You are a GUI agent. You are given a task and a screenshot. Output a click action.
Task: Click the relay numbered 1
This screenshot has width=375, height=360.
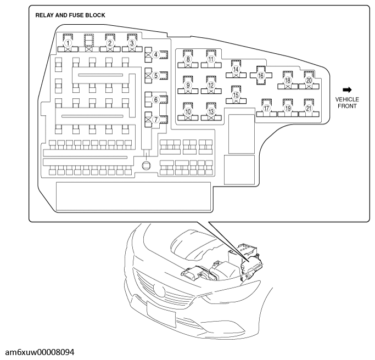[68, 43]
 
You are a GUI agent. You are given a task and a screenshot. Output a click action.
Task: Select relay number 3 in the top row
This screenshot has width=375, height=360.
[131, 43]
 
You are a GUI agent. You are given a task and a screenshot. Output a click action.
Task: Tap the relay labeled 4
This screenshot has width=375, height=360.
[156, 54]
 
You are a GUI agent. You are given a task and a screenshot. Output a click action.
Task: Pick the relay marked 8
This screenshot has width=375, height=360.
[188, 59]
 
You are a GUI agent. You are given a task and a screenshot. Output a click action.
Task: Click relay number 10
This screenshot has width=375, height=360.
[188, 111]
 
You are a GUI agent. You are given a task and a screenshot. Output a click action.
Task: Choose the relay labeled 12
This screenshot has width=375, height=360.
[211, 86]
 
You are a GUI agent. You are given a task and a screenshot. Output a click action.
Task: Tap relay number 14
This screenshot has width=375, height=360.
[236, 70]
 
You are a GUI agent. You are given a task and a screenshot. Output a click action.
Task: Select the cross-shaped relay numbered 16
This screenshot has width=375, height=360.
[261, 75]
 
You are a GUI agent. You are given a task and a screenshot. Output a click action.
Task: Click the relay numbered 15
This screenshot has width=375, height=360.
[236, 95]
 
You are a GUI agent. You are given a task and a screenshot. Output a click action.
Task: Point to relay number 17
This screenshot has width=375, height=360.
[266, 109]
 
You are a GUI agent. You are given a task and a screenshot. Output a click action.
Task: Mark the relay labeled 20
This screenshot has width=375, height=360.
[309, 80]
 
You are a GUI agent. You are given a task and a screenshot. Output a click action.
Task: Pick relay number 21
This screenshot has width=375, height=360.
[309, 109]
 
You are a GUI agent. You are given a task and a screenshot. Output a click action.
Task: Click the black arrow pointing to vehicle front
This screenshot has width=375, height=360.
[347, 89]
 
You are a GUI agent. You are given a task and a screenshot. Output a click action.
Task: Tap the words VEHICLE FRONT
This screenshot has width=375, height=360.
[347, 103]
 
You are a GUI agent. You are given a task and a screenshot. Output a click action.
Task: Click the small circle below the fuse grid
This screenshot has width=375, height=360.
[146, 165]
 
